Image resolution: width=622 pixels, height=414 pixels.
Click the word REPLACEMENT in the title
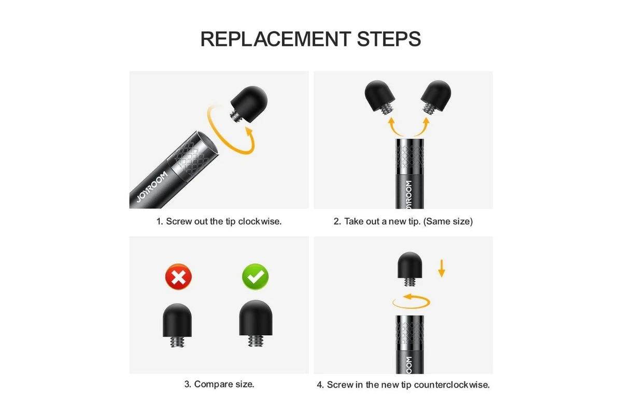pos(276,39)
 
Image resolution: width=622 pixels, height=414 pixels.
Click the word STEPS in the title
pos(389,39)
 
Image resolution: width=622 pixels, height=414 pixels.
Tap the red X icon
pos(178,276)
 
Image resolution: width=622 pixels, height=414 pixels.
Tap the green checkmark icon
pos(255,276)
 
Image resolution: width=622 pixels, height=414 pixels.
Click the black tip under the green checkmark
pos(256,323)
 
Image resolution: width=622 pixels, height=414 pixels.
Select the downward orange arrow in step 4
pos(441,269)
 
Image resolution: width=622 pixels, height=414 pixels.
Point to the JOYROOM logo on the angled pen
pos(152,186)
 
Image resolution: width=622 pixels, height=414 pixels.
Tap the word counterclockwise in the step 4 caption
pos(451,385)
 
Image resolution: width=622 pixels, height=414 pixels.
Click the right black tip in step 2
pos(436,96)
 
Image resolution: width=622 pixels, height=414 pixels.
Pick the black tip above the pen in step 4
pos(410,269)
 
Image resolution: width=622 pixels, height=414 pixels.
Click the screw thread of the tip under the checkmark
pos(256,341)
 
